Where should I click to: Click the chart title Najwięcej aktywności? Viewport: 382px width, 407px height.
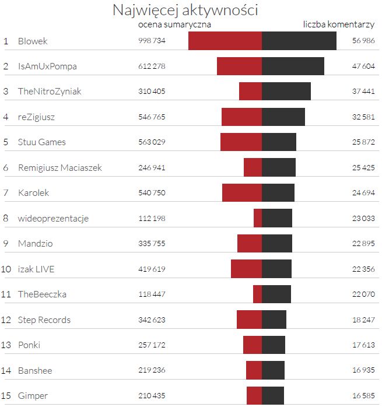tap(185, 10)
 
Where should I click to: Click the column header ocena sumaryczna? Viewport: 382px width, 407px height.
tap(174, 25)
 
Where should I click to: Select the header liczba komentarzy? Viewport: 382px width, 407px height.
tap(339, 25)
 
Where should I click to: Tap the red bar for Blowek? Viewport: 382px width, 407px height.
tap(225, 41)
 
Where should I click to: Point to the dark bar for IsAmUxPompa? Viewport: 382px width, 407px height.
tap(293, 66)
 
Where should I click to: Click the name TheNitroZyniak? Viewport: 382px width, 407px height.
tap(50, 92)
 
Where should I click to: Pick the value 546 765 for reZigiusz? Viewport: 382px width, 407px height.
tap(152, 117)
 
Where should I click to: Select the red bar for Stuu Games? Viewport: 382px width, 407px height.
tap(241, 142)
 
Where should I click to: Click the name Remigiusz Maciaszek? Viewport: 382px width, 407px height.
tap(59, 168)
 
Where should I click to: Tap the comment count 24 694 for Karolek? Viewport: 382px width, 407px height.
tap(363, 193)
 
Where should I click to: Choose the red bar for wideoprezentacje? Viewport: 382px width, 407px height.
tap(258, 219)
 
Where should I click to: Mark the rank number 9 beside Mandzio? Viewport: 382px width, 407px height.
tap(6, 244)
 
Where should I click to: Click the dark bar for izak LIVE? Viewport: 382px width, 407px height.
tap(277, 269)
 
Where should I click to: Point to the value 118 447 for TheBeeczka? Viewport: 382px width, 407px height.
tap(152, 294)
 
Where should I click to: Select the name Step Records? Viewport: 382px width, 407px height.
tap(44, 320)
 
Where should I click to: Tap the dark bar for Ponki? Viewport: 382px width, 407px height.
tap(274, 345)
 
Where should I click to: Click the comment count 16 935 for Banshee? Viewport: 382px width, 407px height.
tap(363, 370)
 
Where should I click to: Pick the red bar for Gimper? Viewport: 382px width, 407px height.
tap(254, 396)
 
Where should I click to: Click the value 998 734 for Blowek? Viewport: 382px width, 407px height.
tap(152, 41)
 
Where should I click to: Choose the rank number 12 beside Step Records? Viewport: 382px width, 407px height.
tap(6, 320)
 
